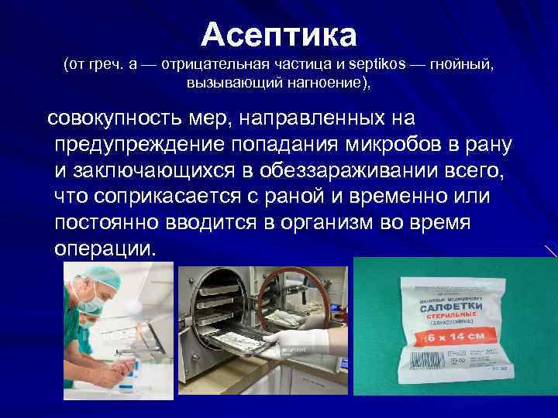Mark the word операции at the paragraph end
(105, 248)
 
